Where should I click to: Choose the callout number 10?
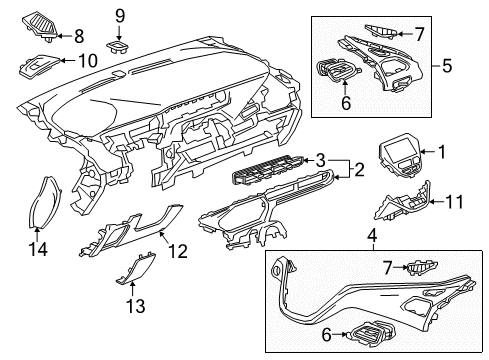[87, 60]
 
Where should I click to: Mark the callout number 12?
[176, 254]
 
